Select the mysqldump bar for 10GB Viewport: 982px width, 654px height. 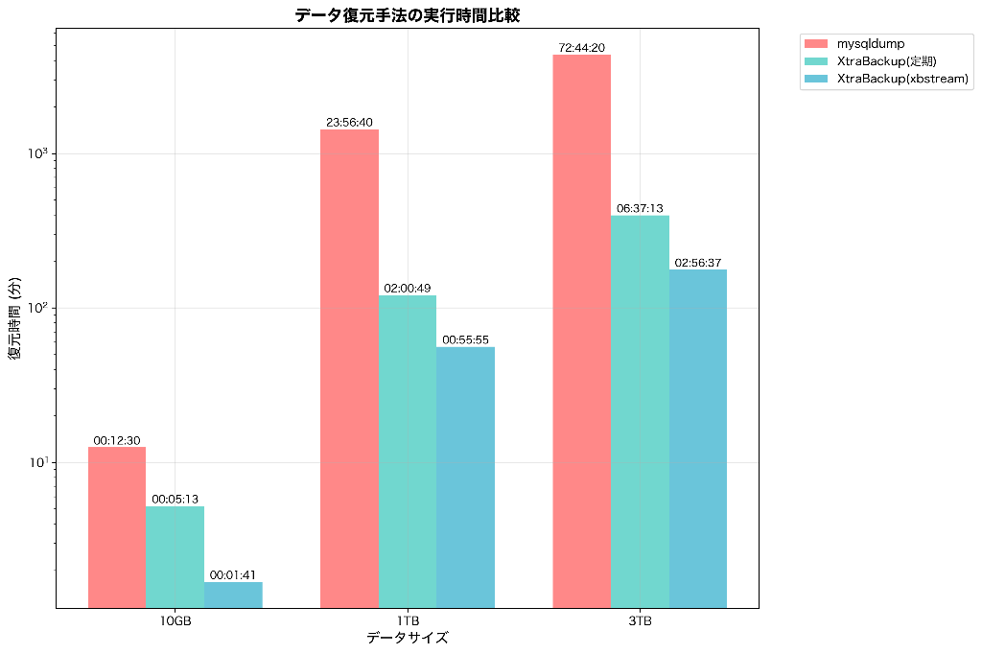(117, 526)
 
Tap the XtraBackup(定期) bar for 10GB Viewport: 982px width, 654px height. (175, 556)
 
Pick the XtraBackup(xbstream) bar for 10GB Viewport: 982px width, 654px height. (233, 595)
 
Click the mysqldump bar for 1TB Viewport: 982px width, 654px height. (349, 368)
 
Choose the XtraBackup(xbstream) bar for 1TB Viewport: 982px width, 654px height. (465, 477)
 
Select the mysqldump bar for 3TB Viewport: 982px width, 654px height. (582, 331)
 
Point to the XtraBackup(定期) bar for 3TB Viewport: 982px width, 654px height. (640, 411)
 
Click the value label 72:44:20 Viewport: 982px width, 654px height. (582, 48)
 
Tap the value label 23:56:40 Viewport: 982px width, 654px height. (349, 123)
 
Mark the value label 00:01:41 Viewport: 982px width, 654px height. (233, 575)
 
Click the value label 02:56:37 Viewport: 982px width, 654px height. (698, 263)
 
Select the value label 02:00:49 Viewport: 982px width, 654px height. (408, 289)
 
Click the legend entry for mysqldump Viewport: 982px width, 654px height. (870, 43)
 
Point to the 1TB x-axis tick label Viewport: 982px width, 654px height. (408, 621)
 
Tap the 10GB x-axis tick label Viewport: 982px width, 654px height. (175, 621)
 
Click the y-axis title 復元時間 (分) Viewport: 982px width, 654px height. (14, 318)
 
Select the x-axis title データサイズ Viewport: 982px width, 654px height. (407, 638)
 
